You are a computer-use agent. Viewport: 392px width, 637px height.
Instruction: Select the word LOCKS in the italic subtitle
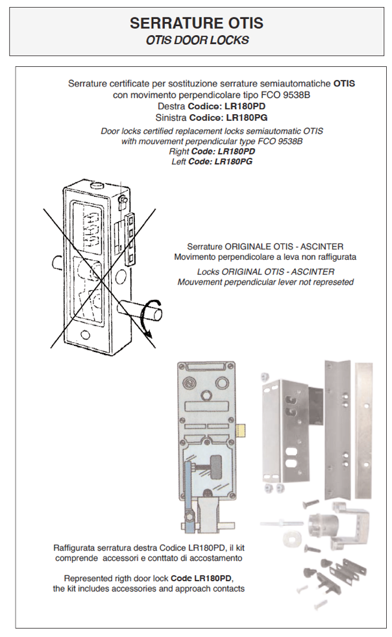(230, 40)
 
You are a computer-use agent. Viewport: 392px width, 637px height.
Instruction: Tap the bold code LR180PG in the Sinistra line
(247, 118)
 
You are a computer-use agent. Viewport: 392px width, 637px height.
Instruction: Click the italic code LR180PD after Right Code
(236, 151)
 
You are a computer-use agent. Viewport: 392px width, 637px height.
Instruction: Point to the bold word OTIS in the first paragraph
(344, 84)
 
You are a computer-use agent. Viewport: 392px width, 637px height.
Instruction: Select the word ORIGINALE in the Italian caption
(248, 246)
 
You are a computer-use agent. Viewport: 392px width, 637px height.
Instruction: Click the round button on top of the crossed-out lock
(98, 185)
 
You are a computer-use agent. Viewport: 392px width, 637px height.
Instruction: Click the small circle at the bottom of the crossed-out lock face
(85, 334)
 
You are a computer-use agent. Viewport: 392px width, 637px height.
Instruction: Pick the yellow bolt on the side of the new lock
(241, 429)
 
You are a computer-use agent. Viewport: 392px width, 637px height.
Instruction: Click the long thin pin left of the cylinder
(281, 523)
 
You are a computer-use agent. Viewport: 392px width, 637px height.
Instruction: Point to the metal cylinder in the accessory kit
(320, 525)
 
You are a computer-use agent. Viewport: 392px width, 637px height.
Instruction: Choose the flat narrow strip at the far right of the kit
(363, 431)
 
